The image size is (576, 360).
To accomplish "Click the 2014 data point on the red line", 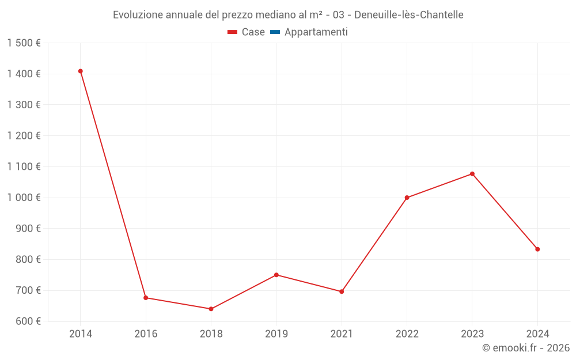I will click(x=81, y=71).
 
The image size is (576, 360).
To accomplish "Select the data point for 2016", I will click(x=146, y=298).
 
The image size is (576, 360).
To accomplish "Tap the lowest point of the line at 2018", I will click(x=211, y=309).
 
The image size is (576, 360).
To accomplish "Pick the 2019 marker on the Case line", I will click(x=276, y=275).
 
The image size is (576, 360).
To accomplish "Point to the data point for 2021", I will click(x=342, y=291).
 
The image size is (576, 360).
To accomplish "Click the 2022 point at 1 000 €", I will click(x=407, y=198).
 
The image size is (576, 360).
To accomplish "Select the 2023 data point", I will click(x=472, y=174).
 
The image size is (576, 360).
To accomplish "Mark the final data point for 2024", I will click(x=537, y=249).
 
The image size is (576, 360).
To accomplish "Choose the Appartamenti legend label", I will click(x=316, y=32).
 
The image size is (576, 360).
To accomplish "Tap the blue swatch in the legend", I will click(x=275, y=32).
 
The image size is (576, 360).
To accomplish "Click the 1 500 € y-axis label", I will click(x=24, y=43).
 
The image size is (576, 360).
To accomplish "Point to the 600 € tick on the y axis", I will click(x=27, y=321).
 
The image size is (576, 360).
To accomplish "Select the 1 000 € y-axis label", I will click(x=24, y=198).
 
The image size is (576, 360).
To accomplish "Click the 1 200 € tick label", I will click(x=24, y=136).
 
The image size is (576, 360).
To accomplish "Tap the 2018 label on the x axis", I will click(x=211, y=334).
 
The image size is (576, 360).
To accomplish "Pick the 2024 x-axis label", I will click(x=537, y=334).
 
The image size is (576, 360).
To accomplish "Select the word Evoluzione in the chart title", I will click(x=138, y=15).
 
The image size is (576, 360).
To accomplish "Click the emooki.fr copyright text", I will click(x=526, y=348).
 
